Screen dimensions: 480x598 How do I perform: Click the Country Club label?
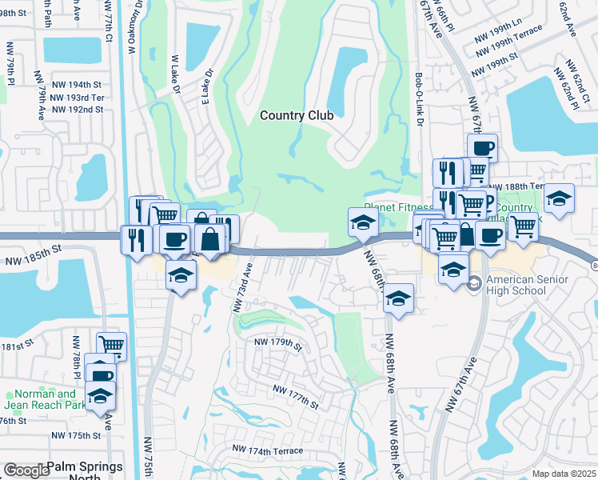[x=296, y=115]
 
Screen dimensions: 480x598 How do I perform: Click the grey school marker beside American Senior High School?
[x=474, y=283]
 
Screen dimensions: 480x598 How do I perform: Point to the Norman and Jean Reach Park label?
[x=45, y=398]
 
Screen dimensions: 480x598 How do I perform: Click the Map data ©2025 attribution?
[x=564, y=474]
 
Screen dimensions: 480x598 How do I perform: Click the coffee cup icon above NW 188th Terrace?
[x=482, y=147]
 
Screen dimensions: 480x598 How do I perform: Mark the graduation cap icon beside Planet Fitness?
[x=362, y=222]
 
